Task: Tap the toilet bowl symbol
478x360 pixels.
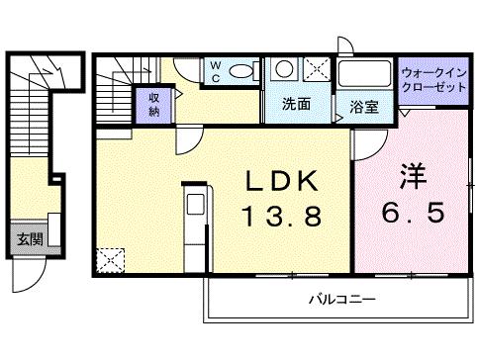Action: (x=240, y=72)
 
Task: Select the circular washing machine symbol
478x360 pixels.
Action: (x=283, y=69)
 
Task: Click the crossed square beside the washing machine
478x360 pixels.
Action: (x=316, y=70)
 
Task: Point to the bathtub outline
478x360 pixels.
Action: (x=364, y=75)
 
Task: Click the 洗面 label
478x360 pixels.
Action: (x=296, y=103)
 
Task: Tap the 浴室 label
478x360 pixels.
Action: (x=364, y=106)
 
